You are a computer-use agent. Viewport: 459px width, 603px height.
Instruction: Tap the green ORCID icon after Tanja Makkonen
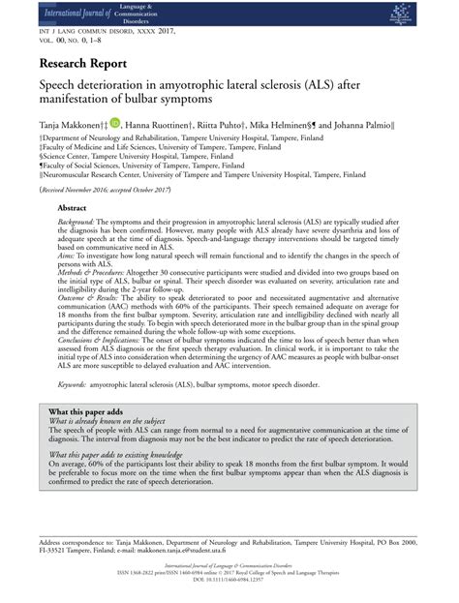pos(116,123)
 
